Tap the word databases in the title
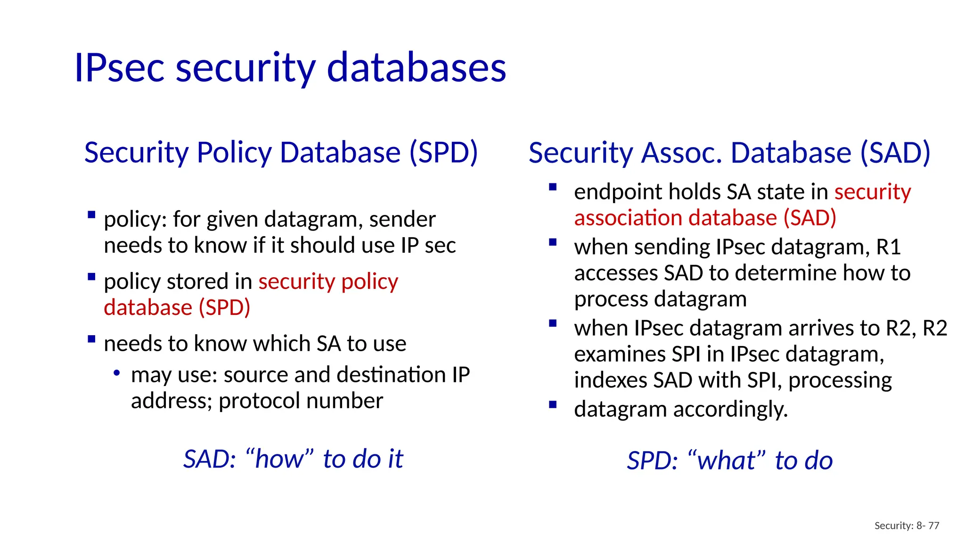click(417, 68)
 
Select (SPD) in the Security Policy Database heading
click(443, 153)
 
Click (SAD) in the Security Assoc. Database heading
click(895, 153)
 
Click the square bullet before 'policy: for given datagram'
click(91, 215)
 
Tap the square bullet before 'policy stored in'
click(91, 277)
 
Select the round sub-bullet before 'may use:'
click(116, 373)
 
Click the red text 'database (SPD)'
click(177, 307)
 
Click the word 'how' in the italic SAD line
click(279, 459)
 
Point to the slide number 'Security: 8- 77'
click(907, 526)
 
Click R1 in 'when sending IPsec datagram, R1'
click(888, 247)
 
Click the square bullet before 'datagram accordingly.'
click(553, 404)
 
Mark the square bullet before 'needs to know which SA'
click(91, 339)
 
